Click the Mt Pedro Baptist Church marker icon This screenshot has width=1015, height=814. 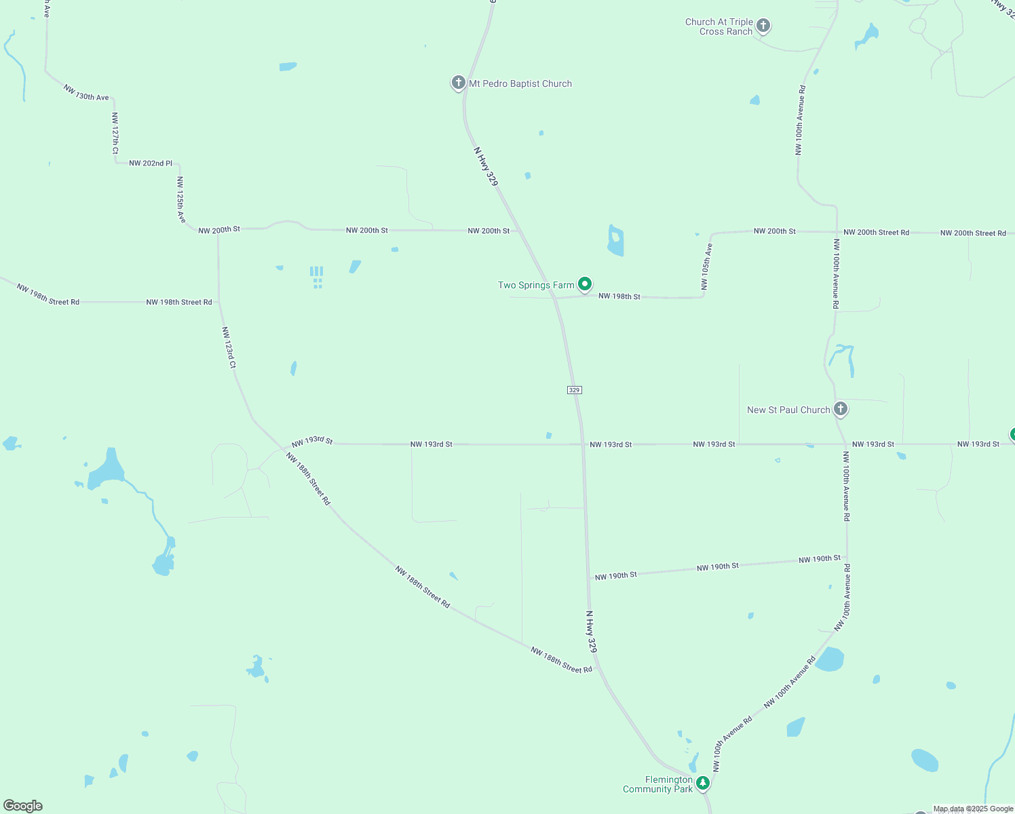coord(458,83)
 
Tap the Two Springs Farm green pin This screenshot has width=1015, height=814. coord(585,284)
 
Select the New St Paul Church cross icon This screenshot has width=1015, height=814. coord(841,408)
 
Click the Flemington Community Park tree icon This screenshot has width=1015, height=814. coord(703,783)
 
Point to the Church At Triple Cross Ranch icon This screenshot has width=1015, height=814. coord(763,26)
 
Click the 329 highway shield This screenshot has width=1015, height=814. coord(574,390)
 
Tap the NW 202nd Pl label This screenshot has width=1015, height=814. coord(151,163)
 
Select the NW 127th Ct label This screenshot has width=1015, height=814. coord(115,132)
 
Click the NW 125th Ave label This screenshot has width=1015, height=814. coord(180,199)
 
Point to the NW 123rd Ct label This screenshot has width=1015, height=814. coord(229,347)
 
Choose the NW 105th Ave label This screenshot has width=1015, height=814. coord(706,267)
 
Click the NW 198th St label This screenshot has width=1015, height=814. coord(619,296)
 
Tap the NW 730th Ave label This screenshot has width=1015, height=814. coord(86,93)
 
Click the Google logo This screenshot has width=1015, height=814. coord(23,806)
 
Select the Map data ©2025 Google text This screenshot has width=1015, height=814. coord(973,809)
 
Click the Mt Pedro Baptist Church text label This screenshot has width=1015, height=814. coord(520,83)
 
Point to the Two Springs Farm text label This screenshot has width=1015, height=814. coord(536,285)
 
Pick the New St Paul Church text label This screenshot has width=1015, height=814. coord(788,410)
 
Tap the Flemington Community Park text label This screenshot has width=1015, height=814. coord(658,784)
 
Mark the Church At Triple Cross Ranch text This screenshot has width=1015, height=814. coord(719,26)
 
